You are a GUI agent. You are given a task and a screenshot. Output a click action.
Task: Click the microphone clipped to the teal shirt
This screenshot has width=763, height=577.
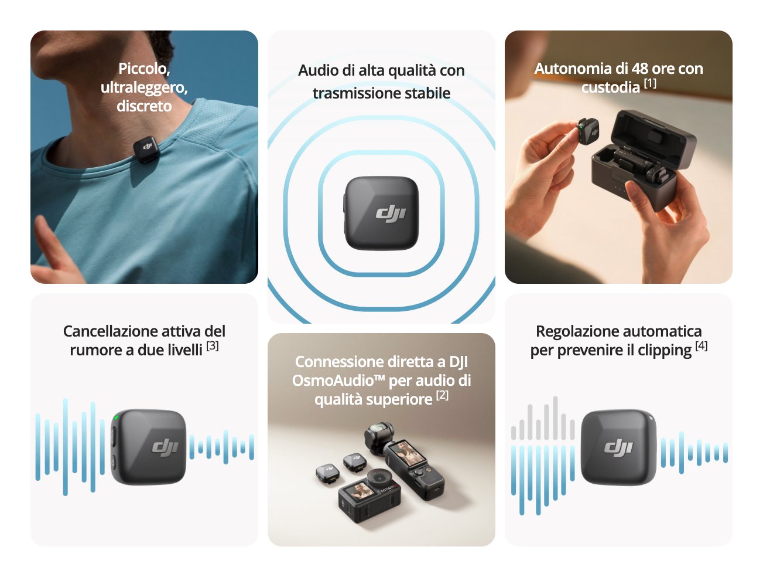click(146, 150)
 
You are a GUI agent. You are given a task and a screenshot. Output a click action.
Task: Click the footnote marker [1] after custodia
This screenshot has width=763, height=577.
click(650, 83)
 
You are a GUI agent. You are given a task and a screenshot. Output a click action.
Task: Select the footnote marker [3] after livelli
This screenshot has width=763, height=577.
click(213, 346)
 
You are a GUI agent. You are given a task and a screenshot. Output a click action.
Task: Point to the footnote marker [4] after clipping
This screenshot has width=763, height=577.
click(702, 346)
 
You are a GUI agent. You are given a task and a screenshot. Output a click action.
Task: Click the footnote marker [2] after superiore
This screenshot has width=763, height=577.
click(442, 395)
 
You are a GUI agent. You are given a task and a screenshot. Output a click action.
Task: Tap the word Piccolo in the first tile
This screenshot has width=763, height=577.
click(144, 69)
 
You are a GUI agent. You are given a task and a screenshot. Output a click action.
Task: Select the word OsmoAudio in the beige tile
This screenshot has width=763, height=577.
click(333, 381)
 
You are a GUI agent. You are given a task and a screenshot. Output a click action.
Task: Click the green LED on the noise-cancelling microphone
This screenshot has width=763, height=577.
click(116, 418)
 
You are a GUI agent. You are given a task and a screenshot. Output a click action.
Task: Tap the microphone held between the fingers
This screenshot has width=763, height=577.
click(588, 131)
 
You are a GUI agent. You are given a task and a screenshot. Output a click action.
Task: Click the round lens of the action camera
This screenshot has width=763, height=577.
click(380, 478)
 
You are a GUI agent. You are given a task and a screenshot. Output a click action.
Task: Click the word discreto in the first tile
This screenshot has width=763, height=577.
click(144, 106)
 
